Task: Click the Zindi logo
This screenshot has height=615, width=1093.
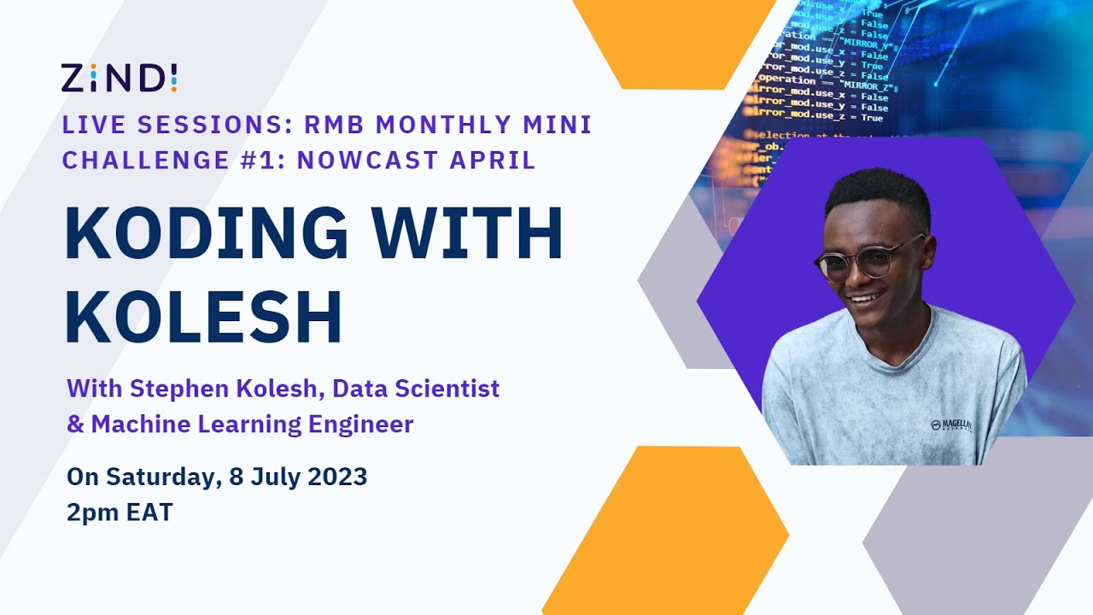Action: point(119,78)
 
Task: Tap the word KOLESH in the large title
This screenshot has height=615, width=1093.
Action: point(203,316)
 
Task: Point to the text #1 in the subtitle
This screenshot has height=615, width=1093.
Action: point(258,160)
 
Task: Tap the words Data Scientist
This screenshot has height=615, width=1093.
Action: point(416,389)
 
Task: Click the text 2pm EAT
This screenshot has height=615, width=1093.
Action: point(120,512)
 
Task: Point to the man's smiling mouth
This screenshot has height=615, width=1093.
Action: point(864,299)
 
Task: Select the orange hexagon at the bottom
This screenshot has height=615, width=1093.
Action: point(665,530)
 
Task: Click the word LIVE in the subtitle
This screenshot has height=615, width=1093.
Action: point(91,125)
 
